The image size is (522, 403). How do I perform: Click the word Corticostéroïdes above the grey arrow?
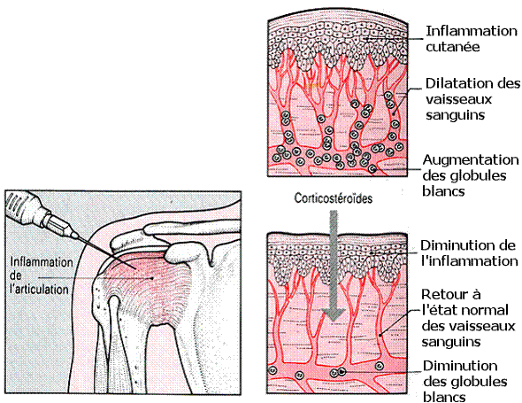coord(334,198)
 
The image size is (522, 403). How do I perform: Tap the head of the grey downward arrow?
coord(334,314)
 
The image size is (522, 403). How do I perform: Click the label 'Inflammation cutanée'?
coord(472,39)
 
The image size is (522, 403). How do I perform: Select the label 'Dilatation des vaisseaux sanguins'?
coord(472,99)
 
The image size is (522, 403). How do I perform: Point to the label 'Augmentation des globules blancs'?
coord(471,175)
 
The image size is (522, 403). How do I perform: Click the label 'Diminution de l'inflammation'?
coord(469,253)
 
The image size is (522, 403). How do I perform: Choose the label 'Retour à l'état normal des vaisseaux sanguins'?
coord(468,318)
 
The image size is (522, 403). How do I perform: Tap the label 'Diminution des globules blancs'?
coord(465,382)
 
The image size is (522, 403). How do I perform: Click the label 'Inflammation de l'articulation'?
coord(41,275)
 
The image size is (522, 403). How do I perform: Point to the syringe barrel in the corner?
coord(23,206)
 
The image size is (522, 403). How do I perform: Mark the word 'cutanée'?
coord(453,46)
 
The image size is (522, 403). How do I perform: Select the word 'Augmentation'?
coord(471,160)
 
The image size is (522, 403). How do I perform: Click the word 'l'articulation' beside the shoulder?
coord(39,290)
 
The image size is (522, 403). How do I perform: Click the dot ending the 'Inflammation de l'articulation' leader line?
coord(152,277)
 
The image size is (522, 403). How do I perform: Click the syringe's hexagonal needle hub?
coord(59,226)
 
